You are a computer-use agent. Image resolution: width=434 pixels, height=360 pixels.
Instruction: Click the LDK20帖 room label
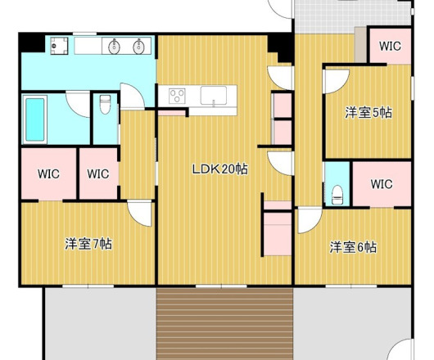[220, 169]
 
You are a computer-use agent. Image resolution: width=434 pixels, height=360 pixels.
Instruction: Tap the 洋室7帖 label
[88, 244]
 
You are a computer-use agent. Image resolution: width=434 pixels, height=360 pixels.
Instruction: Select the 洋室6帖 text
[353, 247]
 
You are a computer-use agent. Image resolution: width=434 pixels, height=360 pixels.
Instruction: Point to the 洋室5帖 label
[368, 113]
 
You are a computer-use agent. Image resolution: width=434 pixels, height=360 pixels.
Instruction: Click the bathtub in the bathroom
[35, 119]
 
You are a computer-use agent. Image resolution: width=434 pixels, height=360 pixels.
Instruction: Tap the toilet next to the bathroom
[105, 105]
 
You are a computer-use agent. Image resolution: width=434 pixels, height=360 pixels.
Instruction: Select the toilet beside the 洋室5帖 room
[337, 195]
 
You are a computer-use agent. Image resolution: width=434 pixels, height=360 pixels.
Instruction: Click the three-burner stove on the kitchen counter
[177, 96]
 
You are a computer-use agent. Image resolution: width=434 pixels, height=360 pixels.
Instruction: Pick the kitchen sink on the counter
[214, 96]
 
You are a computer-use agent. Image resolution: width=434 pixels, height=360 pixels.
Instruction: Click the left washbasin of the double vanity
[114, 47]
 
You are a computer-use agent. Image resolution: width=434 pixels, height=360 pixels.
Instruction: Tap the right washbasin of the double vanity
[138, 47]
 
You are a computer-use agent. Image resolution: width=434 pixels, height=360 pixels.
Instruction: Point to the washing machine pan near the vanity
[59, 46]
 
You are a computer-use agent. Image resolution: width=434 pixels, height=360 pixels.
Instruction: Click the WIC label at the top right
[390, 46]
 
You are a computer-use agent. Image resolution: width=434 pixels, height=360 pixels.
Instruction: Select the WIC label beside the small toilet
[382, 184]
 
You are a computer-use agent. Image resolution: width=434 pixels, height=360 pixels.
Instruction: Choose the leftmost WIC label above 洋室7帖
[48, 174]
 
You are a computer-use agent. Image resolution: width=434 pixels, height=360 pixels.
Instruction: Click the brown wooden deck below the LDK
[224, 323]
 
